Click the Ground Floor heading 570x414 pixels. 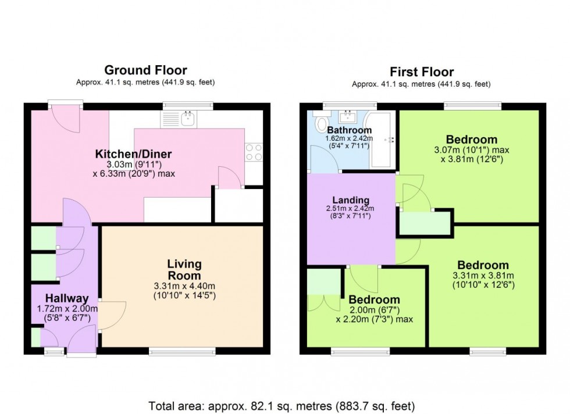[145, 70]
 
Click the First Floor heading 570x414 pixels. [422, 72]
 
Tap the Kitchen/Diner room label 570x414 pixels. [133, 154]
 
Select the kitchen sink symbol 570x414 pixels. [187, 119]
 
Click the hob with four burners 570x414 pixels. [254, 152]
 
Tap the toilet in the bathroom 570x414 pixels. [319, 124]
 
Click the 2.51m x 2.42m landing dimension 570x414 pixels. [350, 209]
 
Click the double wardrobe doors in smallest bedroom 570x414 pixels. [324, 303]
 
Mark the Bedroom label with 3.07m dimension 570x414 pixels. [472, 140]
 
